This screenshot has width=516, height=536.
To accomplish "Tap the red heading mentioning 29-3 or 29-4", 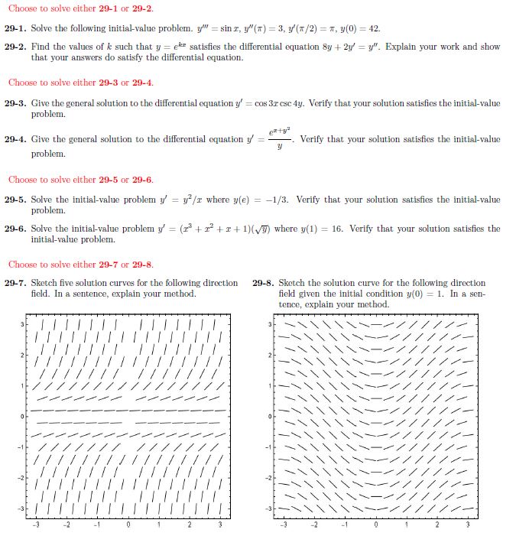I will (80, 83).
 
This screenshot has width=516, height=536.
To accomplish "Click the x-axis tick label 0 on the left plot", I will (128, 525).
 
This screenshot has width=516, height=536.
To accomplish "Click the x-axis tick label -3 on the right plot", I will (284, 525).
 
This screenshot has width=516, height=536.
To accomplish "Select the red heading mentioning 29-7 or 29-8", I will (80, 265).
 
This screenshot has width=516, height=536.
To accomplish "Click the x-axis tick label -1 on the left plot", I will (97, 525).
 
